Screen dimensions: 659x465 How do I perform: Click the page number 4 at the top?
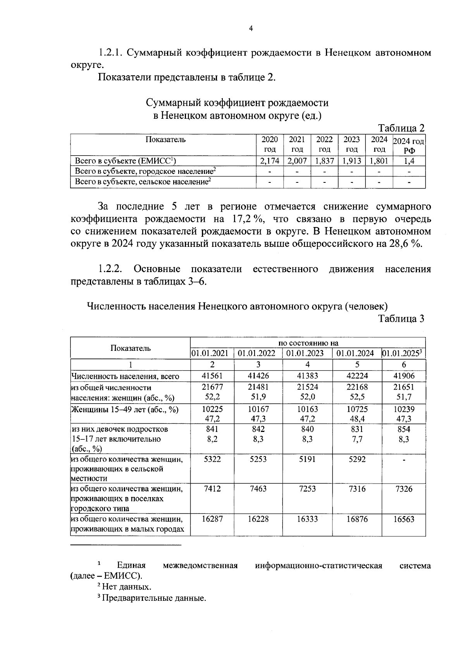[x=251, y=28]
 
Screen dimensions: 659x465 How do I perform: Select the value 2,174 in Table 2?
[x=270, y=161]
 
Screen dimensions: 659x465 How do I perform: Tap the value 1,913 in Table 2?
[x=351, y=161]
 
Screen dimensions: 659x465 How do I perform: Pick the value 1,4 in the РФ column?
[x=409, y=161]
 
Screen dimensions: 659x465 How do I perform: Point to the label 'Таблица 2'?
[x=401, y=128]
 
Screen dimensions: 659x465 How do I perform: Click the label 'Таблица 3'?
[x=401, y=319]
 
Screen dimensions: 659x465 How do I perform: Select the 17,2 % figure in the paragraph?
[x=248, y=219]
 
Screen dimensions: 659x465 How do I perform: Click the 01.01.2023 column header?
[x=307, y=353]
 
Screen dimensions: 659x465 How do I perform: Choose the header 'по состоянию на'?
[x=308, y=343]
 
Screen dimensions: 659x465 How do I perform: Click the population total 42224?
[x=357, y=376]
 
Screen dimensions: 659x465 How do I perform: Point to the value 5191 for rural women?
[x=307, y=459]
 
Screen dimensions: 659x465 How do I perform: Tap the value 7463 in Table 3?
[x=258, y=489]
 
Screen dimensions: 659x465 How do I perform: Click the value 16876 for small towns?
[x=357, y=519]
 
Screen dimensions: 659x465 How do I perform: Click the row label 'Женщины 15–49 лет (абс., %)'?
[x=125, y=409]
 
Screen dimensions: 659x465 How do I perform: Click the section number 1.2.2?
[x=110, y=269]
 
